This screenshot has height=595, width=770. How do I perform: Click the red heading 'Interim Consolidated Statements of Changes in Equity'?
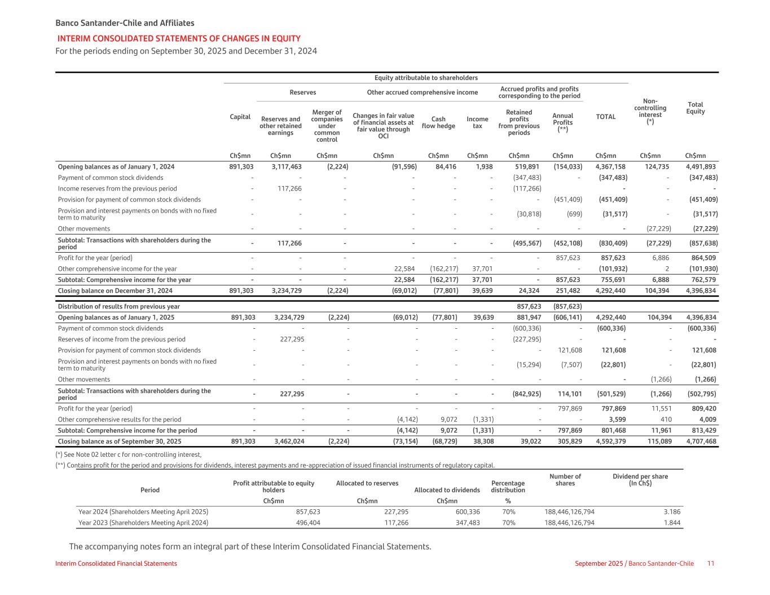[x=179, y=38]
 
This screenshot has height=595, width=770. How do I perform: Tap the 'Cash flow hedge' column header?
[x=438, y=122]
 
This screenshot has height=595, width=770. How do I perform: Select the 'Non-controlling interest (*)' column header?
[x=650, y=111]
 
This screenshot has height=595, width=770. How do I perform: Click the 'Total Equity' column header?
[x=695, y=108]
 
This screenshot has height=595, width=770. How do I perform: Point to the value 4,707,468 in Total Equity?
[x=700, y=442]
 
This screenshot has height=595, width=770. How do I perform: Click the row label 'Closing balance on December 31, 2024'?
[x=115, y=290]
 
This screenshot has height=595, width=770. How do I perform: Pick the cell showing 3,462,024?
[x=289, y=442]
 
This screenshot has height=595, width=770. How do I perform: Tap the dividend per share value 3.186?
[x=672, y=512]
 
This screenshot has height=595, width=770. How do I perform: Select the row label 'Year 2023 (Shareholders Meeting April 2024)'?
[x=143, y=523]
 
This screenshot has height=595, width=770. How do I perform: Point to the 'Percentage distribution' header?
[x=508, y=487]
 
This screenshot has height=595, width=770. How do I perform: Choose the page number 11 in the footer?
[x=711, y=563]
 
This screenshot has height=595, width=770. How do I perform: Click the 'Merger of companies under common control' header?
[x=327, y=126]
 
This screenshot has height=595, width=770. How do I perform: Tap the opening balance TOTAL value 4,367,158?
[x=611, y=167]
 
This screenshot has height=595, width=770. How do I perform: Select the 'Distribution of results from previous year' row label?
[x=118, y=306]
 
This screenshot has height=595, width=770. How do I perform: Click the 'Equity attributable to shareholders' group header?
[x=426, y=78]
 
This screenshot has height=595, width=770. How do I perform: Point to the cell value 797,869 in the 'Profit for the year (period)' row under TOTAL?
[x=611, y=408]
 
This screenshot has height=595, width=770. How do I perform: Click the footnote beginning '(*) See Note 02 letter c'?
[x=129, y=455]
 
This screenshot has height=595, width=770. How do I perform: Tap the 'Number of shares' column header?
[x=565, y=480]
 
